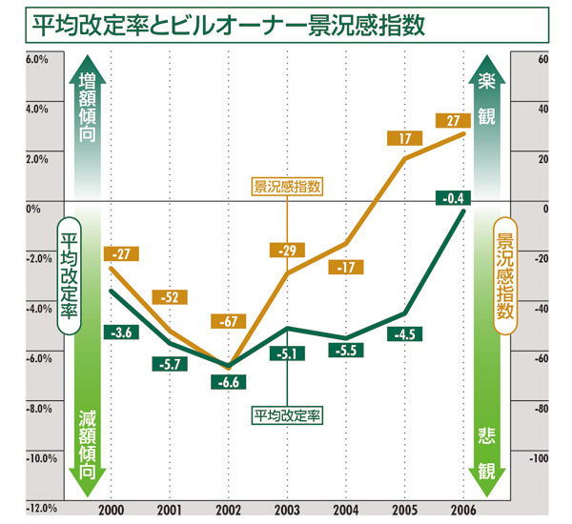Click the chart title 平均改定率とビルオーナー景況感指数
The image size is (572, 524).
(226, 23)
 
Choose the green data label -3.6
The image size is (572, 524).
(120, 333)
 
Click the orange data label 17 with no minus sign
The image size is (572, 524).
(405, 138)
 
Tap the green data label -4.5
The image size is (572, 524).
(406, 333)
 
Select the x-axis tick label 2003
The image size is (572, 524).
(287, 508)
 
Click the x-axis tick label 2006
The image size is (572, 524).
(462, 508)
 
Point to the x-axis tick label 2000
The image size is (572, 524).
(112, 508)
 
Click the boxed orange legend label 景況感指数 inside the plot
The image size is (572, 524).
(287, 188)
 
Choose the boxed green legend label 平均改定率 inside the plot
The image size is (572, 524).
(287, 415)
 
